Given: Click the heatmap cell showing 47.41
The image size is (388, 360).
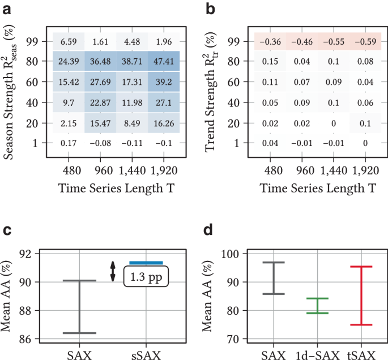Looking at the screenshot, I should (x=164, y=61).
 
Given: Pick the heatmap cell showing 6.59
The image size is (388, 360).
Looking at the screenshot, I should (x=69, y=41).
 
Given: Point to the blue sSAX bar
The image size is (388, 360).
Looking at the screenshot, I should (x=146, y=263).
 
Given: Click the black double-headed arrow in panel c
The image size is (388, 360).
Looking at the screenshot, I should (x=113, y=272).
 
